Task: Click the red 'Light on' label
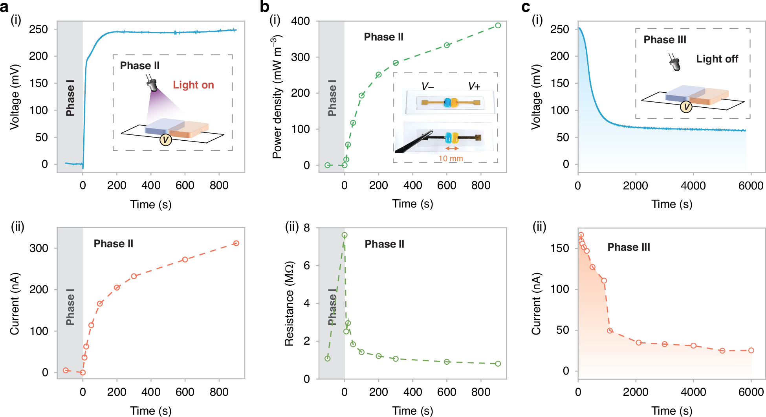(193, 85)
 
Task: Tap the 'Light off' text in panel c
(717, 59)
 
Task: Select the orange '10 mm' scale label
(451, 158)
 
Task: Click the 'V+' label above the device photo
(474, 86)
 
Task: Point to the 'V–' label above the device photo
(427, 86)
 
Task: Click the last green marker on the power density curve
(498, 26)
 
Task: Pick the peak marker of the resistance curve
(345, 235)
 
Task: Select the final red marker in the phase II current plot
(236, 243)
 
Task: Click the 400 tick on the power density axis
(301, 21)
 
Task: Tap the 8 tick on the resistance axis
(306, 228)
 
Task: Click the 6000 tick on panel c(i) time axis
(751, 186)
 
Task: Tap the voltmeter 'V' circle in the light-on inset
(165, 140)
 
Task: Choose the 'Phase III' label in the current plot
(629, 247)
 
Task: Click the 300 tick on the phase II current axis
(39, 248)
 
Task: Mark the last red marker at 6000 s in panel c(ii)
(751, 350)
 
